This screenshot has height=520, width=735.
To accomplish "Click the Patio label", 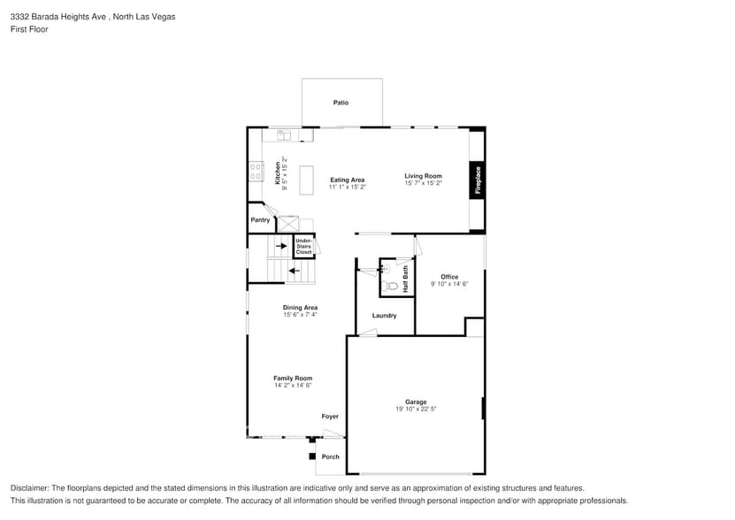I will coord(341,103).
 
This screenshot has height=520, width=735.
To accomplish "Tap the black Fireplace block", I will coord(478,180).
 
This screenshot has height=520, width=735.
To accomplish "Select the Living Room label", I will coord(423,176).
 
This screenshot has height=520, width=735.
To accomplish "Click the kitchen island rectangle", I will coord(307,180).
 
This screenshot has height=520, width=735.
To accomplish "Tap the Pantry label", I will coord(260,219).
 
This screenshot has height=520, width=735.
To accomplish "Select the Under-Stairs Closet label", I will coord(303,247).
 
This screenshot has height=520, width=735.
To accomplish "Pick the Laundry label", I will coord(384,316).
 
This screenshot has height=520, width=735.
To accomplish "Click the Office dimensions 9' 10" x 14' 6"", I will coord(449,284).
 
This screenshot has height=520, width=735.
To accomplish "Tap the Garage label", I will coord(416,401).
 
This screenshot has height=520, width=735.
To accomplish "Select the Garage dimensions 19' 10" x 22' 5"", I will coord(416,409).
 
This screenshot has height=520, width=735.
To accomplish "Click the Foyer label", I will coord(330,416).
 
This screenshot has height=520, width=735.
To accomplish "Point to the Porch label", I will coord(330,457).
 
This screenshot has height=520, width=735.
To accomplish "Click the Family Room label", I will coord(293,378).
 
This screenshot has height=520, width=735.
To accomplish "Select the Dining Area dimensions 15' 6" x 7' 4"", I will coord(300,315).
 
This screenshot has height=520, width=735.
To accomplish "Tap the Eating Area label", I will coord(347,180).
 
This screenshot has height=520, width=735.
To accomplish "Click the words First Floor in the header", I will coord(29,29).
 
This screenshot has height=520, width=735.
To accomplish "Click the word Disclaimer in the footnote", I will coord(30,488).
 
